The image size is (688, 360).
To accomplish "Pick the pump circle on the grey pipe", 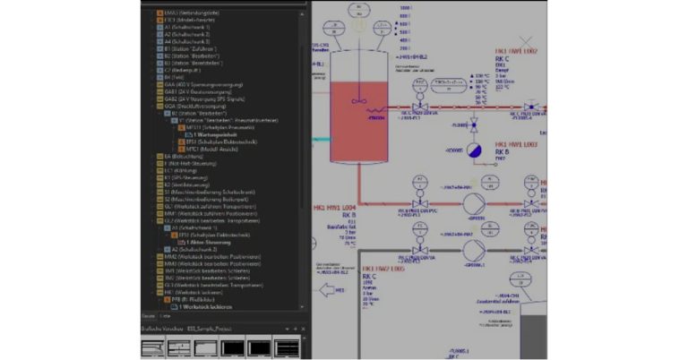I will [474, 248].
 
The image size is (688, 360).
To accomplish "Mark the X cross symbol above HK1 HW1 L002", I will [529, 40].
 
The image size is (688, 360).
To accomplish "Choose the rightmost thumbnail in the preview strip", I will [287, 347].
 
